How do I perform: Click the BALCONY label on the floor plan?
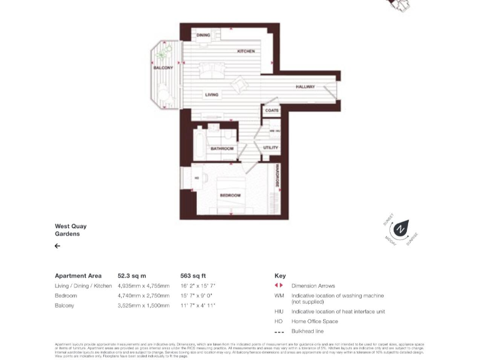click(x=163, y=67)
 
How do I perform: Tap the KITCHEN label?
click(x=246, y=51)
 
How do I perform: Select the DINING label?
click(x=203, y=36)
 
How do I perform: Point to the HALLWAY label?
click(x=305, y=87)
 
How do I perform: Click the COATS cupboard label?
click(x=272, y=111)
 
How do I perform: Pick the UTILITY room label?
click(x=271, y=148)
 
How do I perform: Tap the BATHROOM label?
click(x=222, y=149)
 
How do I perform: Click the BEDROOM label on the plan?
click(x=230, y=196)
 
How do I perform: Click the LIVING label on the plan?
click(x=212, y=95)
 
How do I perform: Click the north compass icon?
click(x=400, y=230)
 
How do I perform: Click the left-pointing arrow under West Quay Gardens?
click(x=57, y=246)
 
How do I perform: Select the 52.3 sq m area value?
click(x=132, y=276)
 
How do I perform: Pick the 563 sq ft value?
click(x=193, y=276)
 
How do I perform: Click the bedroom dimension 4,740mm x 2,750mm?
click(x=143, y=296)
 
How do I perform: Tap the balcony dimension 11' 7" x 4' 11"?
click(x=197, y=306)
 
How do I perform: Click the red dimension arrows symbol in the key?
click(x=279, y=286)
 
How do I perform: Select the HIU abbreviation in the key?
click(x=279, y=311)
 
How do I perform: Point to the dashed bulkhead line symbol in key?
click(x=279, y=332)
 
